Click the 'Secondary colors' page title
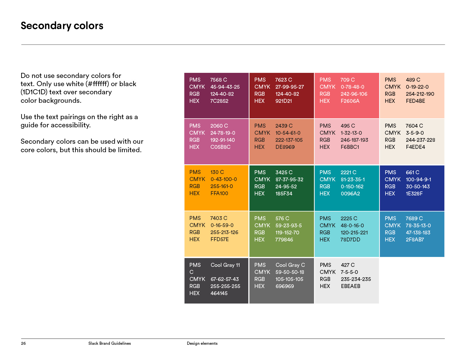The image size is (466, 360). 62,26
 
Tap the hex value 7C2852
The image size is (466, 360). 219,101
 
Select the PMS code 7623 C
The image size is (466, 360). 284,80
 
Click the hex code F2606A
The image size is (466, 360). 350,101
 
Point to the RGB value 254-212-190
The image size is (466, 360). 420,94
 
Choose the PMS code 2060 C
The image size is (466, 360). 219,126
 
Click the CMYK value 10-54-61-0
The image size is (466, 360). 288,133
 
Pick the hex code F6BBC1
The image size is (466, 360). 350,147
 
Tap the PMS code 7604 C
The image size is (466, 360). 414,126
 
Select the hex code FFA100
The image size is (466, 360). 219,193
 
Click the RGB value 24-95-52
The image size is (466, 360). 286,187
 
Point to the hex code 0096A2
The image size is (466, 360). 350,194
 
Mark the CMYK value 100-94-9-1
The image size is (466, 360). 418,180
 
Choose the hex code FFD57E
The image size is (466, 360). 219,239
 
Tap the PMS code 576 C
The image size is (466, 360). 282,219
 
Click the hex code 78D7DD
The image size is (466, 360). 350,240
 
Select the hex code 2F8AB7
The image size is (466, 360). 415,240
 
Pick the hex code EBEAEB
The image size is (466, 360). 350,286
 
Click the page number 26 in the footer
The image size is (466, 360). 23,343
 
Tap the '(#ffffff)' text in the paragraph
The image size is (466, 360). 97,84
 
